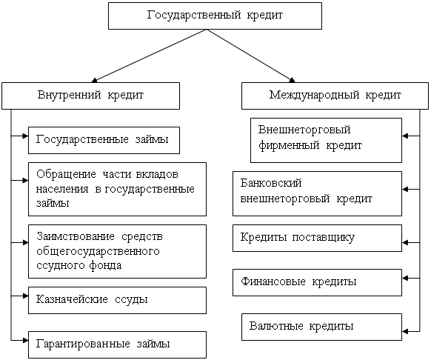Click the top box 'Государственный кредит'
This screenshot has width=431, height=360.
[x=215, y=16]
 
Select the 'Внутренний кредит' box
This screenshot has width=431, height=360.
[x=90, y=96]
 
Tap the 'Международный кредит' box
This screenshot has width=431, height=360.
[x=335, y=96]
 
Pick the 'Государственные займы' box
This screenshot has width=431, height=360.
[x=104, y=140]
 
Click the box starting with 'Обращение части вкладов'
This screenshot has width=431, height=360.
[x=117, y=189]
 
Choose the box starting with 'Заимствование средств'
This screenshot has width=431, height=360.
[x=117, y=251]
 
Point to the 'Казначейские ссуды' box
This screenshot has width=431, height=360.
[x=117, y=300]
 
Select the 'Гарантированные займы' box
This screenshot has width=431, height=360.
[x=117, y=344]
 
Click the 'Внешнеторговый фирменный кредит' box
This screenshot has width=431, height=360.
[x=326, y=140]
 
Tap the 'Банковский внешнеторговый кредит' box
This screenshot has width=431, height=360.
[x=317, y=193]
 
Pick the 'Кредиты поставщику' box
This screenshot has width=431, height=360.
[x=317, y=239]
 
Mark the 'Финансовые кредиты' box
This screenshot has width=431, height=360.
[x=317, y=282]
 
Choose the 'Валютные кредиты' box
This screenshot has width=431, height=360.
[x=321, y=327]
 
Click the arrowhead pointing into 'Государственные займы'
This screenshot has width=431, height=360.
[x=26, y=136]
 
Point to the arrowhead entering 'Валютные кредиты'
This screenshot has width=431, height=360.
[x=405, y=331]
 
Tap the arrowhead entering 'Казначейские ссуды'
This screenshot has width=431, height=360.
[x=26, y=296]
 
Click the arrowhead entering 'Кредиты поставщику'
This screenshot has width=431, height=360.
[x=405, y=242]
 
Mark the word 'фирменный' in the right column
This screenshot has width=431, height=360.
[x=289, y=145]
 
